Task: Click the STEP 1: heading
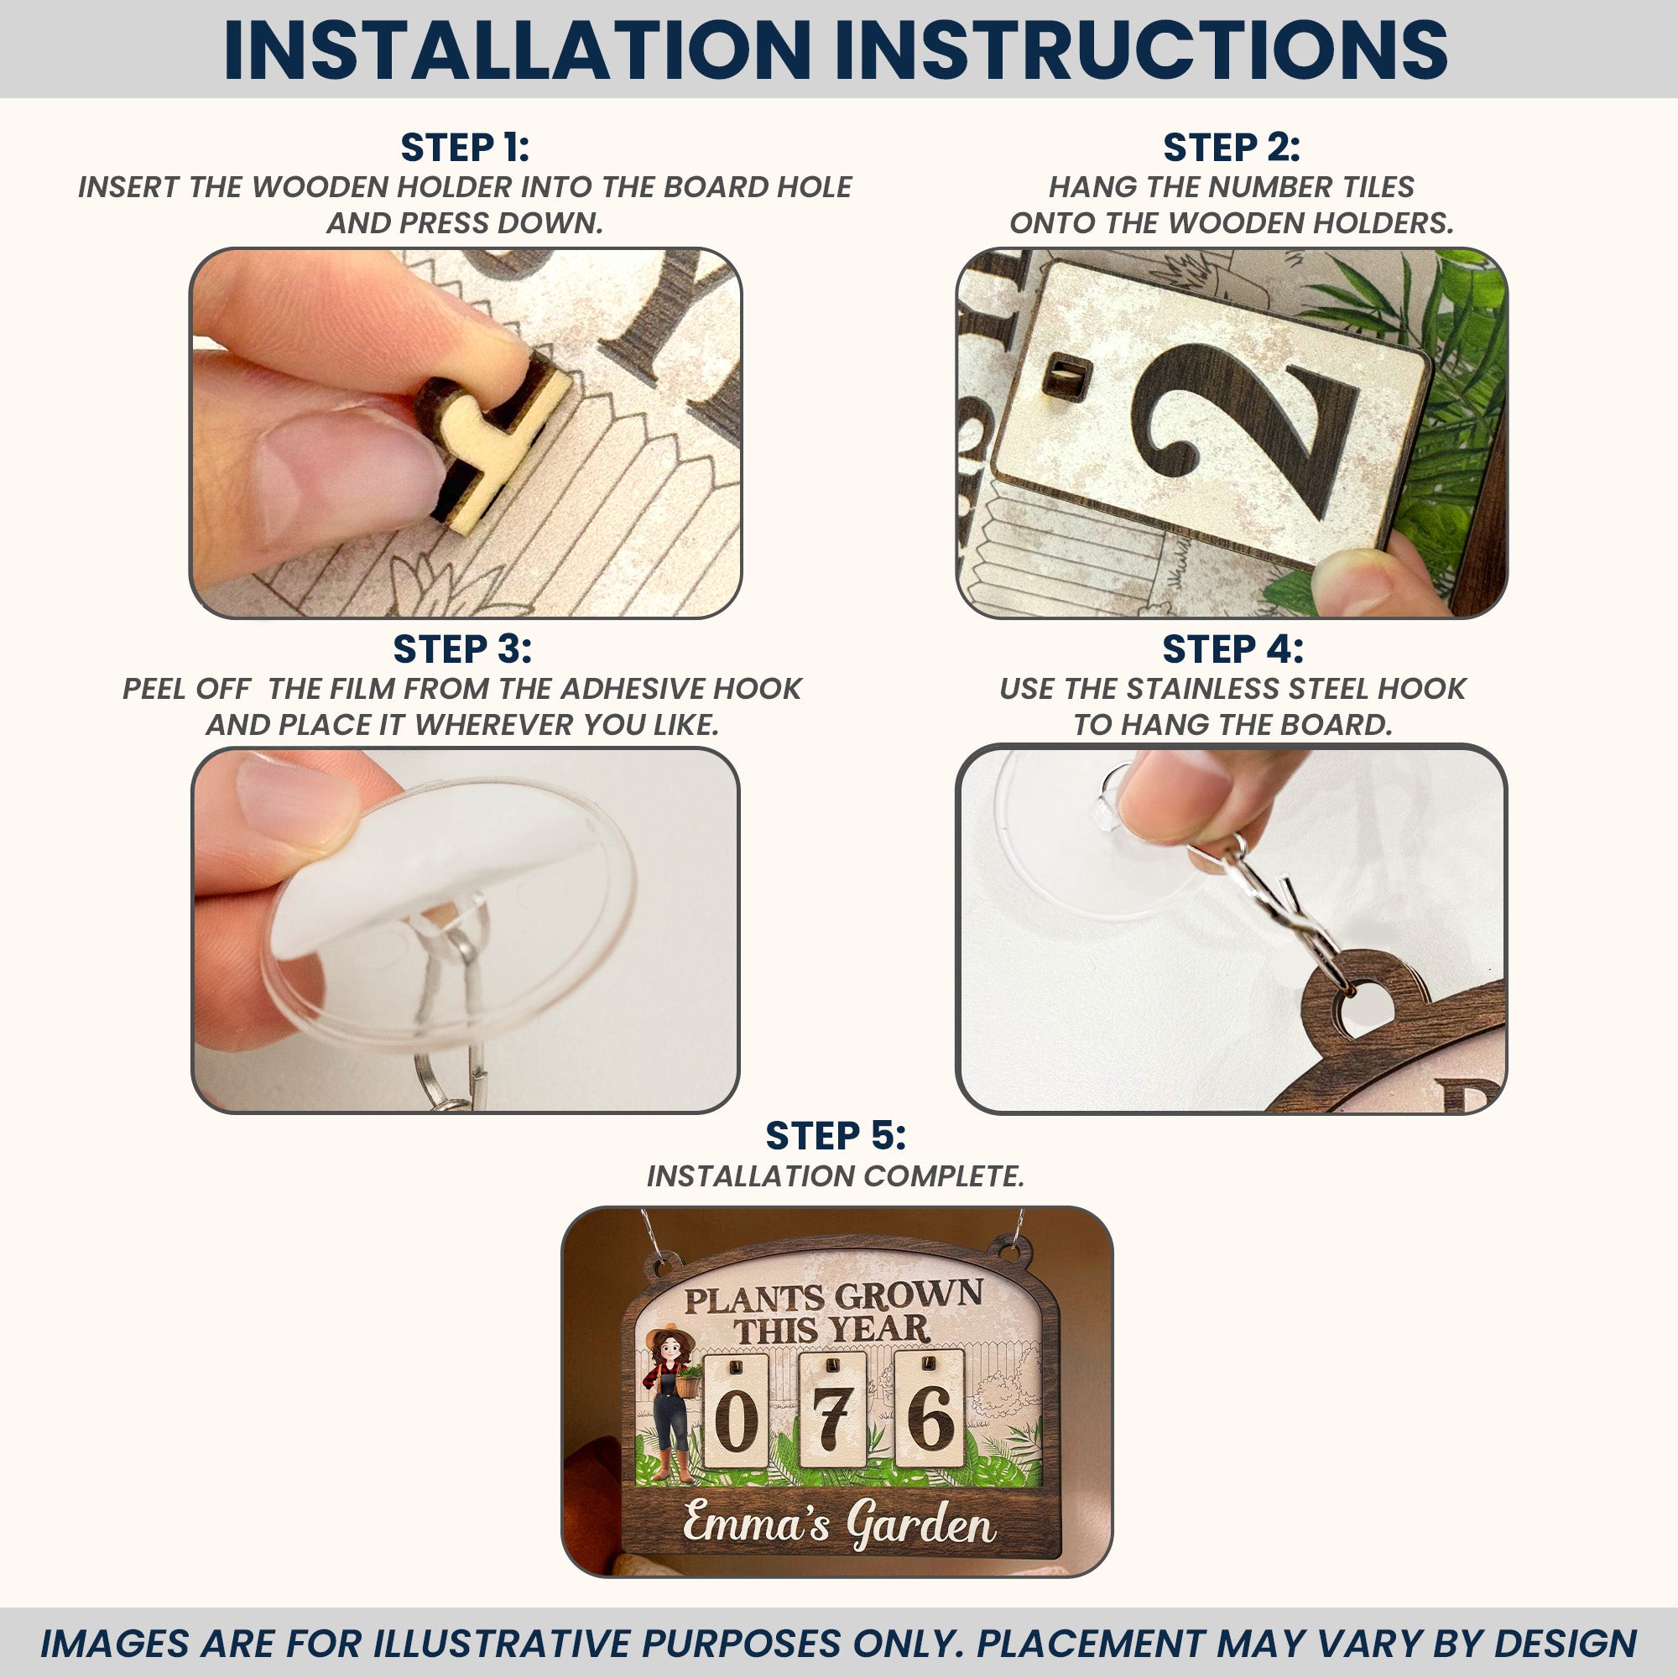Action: [x=465, y=148]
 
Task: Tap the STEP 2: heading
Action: [x=1232, y=148]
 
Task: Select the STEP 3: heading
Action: [x=462, y=649]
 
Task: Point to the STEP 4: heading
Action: [x=1232, y=649]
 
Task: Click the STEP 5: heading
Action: [x=836, y=1136]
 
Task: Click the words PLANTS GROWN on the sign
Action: [x=834, y=1297]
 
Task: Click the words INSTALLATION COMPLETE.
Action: [x=836, y=1176]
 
